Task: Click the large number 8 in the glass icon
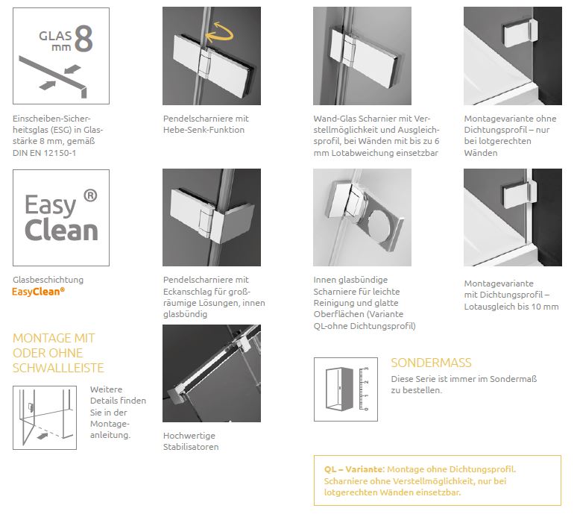pos(83,39)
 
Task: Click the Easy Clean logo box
pos(61,218)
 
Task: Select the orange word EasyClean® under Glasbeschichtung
pos(38,292)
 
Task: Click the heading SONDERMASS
pos(431,363)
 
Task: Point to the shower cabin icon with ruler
pos(346,389)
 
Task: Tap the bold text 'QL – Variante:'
pos(354,469)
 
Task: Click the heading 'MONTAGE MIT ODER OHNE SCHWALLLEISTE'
pos(58,353)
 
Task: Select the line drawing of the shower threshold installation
pos(45,418)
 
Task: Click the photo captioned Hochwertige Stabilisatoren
pos(212,374)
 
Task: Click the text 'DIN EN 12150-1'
pos(44,153)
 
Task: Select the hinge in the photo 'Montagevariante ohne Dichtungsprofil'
pos(520,32)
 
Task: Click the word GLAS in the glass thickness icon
pos(55,36)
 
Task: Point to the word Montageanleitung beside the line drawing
pos(110,430)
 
